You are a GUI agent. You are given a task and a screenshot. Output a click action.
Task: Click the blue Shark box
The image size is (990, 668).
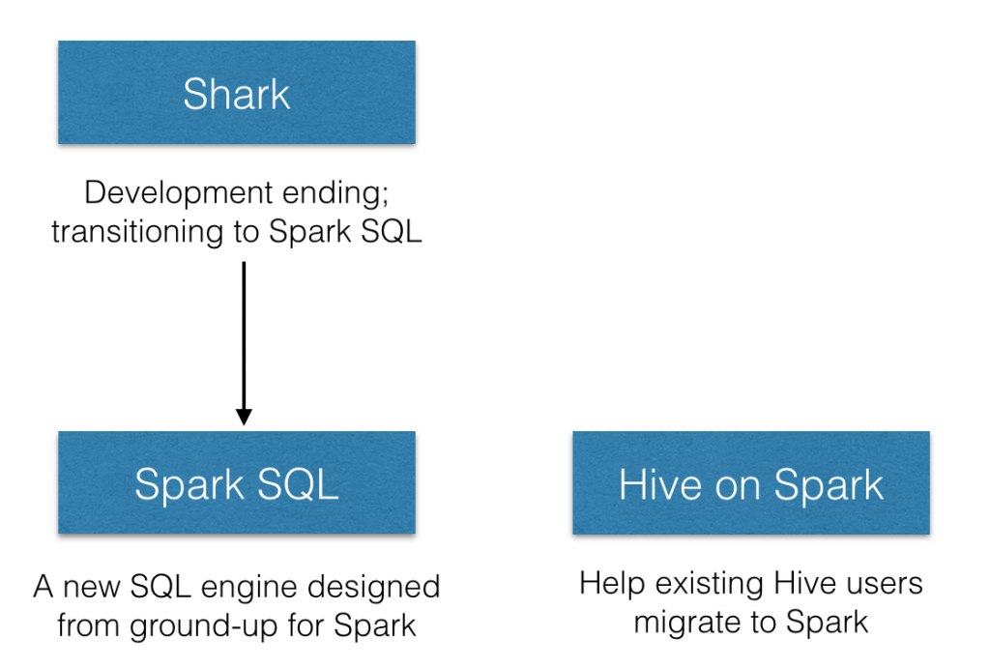(x=237, y=92)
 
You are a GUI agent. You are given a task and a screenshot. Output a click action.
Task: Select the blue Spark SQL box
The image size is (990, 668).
(x=237, y=482)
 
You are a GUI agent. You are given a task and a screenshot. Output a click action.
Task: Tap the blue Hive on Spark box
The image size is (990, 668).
(x=750, y=482)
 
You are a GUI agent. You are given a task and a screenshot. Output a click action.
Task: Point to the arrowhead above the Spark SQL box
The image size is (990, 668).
(x=244, y=417)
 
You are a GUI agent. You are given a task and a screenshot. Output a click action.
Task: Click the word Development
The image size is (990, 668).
(x=179, y=192)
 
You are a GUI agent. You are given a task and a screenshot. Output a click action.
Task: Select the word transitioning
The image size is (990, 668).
(x=137, y=232)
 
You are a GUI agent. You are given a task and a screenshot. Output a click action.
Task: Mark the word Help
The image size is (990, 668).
(x=612, y=583)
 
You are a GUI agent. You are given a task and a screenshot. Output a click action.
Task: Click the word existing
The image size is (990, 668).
(x=709, y=583)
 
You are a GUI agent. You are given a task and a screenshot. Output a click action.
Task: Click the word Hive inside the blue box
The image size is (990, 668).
(x=660, y=484)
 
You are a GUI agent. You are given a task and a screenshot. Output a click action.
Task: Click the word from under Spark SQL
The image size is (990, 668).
(x=88, y=625)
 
